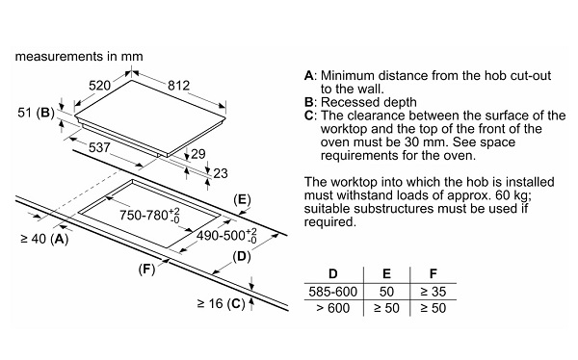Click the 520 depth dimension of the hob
[x=99, y=86]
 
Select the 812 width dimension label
[x=178, y=86]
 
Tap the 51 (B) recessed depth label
[x=37, y=113]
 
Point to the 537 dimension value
[x=99, y=147]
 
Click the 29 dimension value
[x=198, y=154]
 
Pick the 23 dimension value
[x=221, y=173]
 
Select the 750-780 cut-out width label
[x=149, y=215]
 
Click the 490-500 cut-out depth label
[x=226, y=236]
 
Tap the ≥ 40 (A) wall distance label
[x=44, y=239]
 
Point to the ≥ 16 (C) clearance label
[x=222, y=304]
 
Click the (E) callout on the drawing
[x=242, y=199]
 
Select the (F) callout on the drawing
[x=146, y=270]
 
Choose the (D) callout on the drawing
[x=242, y=256]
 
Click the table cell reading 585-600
[x=333, y=292]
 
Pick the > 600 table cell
[x=333, y=308]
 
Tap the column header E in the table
[x=386, y=273]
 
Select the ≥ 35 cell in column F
[x=433, y=292]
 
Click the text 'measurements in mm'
[x=79, y=57]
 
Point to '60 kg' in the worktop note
[x=513, y=195]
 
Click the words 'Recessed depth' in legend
[x=369, y=102]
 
